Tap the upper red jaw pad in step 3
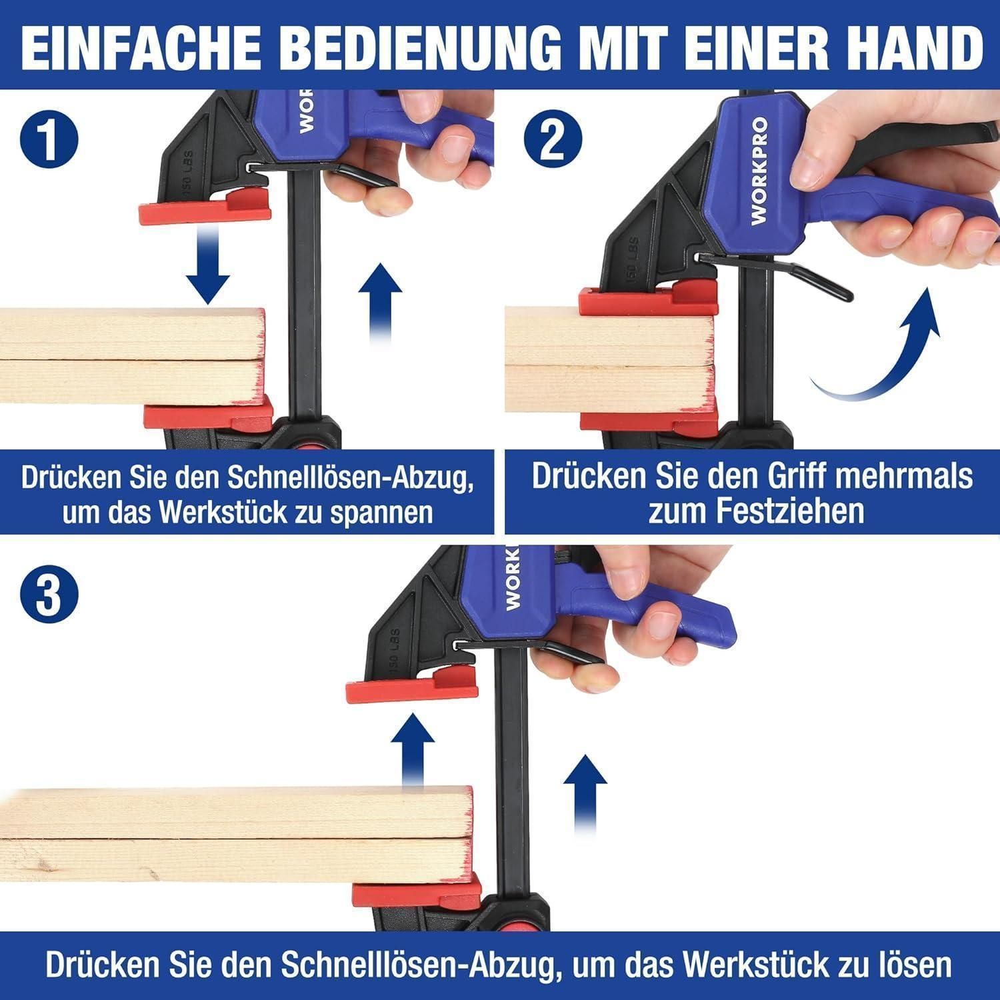412,684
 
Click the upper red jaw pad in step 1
205,207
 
